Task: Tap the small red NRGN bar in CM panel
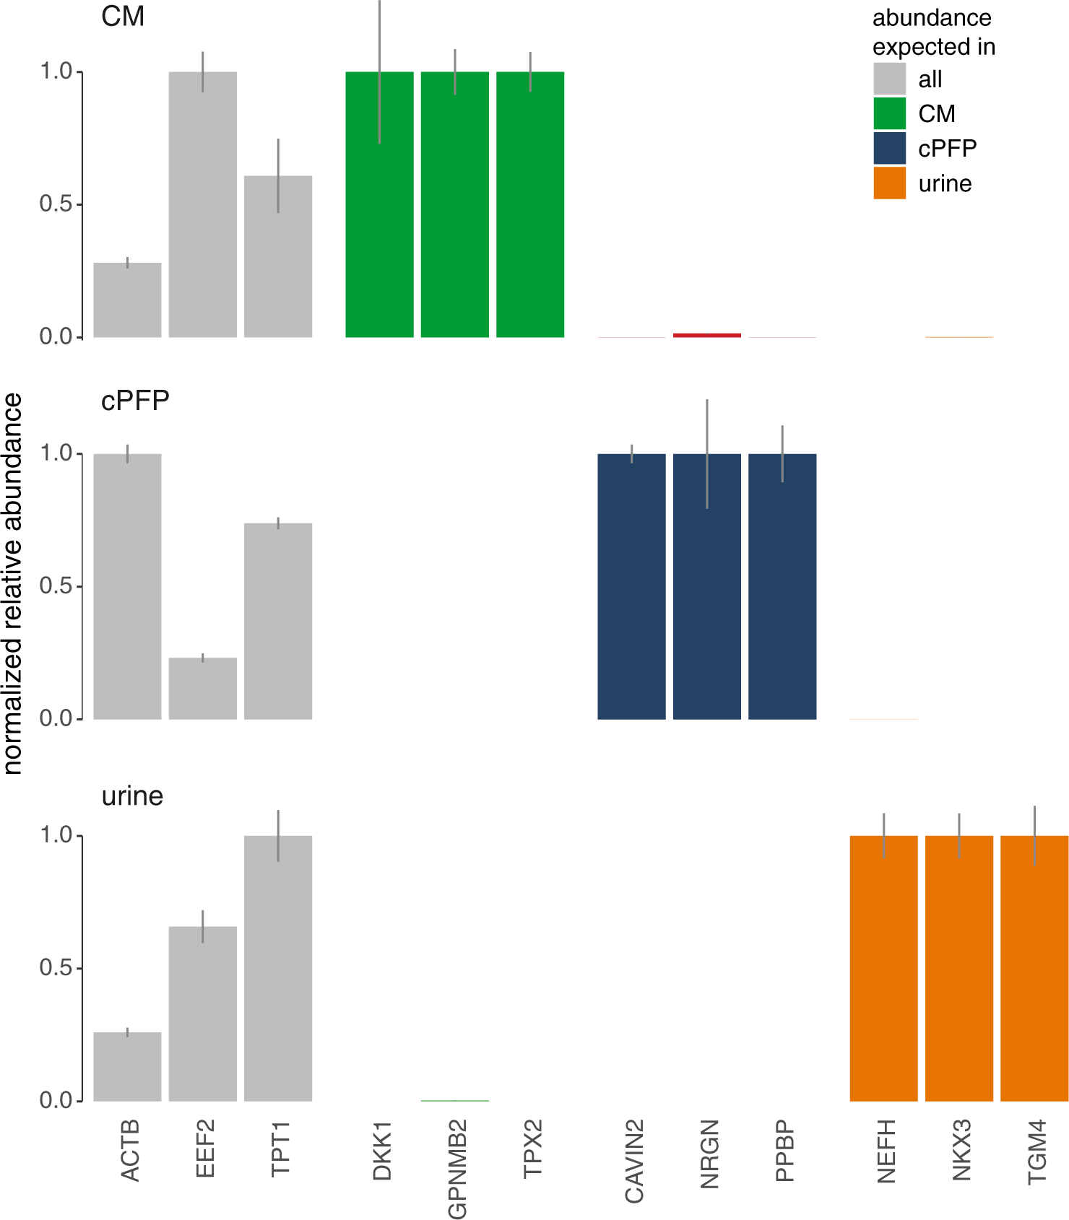706,335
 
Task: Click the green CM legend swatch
889,113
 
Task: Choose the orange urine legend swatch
889,183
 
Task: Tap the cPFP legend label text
947,149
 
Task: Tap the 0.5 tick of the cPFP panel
56,586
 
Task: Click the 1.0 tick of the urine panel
56,835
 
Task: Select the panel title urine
132,796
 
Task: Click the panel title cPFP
135,400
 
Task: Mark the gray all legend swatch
889,79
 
